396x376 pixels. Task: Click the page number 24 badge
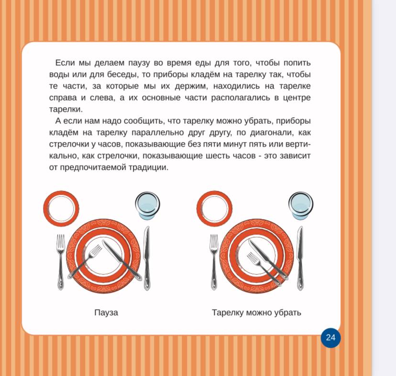click(x=330, y=338)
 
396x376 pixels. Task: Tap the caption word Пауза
click(x=106, y=312)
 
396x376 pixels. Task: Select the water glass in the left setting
click(x=147, y=205)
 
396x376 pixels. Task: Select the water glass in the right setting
click(x=301, y=205)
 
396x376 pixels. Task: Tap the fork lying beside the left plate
click(x=61, y=262)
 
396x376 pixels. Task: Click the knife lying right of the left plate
click(x=146, y=258)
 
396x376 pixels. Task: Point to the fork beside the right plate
click(x=214, y=262)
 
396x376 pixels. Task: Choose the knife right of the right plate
click(x=300, y=258)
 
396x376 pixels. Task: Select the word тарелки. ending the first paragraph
click(x=66, y=110)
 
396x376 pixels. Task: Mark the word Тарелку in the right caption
click(x=228, y=313)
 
